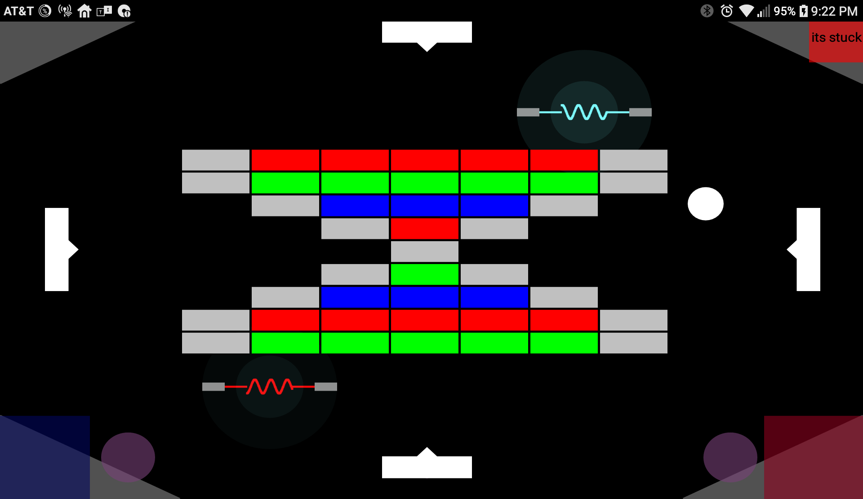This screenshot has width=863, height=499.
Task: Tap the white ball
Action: [705, 203]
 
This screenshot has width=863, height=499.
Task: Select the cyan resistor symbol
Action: [584, 112]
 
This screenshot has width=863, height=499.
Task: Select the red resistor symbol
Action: [270, 386]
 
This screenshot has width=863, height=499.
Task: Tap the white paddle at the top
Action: [427, 32]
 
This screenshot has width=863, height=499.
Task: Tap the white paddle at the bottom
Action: [427, 467]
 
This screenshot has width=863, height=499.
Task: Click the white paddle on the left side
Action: [57, 249]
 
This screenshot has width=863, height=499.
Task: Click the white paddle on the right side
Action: [808, 249]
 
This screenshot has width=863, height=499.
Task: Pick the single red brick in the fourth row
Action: [424, 229]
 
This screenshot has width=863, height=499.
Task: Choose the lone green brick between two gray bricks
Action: [424, 274]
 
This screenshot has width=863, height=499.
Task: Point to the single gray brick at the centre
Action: [424, 252]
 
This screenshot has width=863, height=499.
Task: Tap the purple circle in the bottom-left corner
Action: [128, 457]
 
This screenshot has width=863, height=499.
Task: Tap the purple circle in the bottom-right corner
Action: [730, 457]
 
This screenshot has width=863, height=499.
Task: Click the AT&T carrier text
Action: [18, 11]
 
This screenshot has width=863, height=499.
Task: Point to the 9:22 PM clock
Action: [834, 11]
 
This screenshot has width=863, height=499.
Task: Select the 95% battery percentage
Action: [784, 11]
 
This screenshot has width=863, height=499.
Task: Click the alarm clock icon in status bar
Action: [726, 11]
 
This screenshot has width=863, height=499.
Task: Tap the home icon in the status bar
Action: [84, 11]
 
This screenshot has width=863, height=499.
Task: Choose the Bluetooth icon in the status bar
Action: [707, 11]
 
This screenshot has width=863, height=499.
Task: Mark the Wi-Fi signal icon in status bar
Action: [746, 11]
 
